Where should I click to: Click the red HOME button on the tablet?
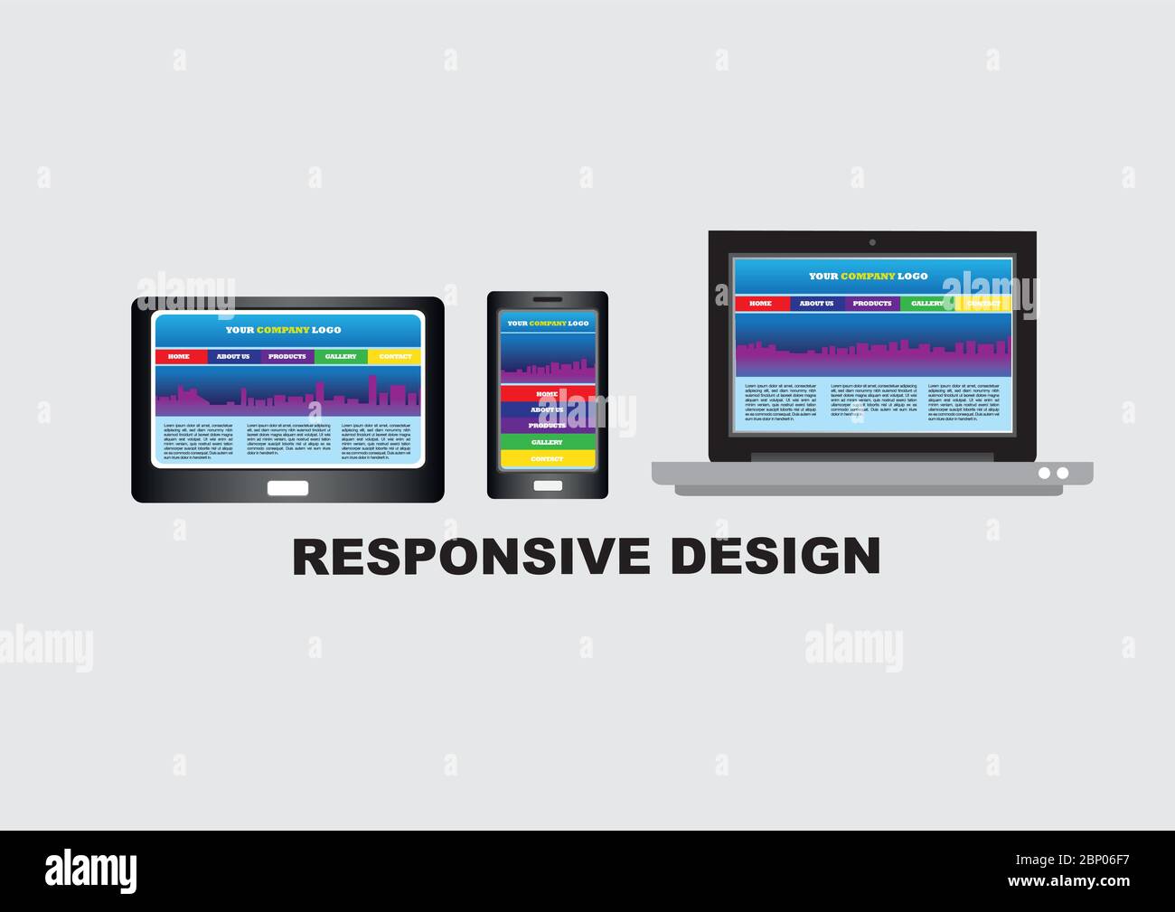180,357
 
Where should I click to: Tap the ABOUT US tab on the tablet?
233,357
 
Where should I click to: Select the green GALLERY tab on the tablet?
341,357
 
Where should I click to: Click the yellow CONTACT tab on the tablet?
394,357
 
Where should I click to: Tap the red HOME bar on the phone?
547,394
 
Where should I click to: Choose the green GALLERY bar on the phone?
547,442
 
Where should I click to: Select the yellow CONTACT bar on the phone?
547,459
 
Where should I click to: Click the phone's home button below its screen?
547,485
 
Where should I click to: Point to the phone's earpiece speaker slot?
547,299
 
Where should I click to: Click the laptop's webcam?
871,242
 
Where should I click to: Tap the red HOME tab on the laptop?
761,304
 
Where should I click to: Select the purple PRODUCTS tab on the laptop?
872,304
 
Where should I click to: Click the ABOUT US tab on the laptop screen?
816,304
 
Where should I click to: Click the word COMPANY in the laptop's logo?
868,277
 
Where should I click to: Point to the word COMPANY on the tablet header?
283,330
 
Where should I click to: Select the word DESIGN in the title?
776,557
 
